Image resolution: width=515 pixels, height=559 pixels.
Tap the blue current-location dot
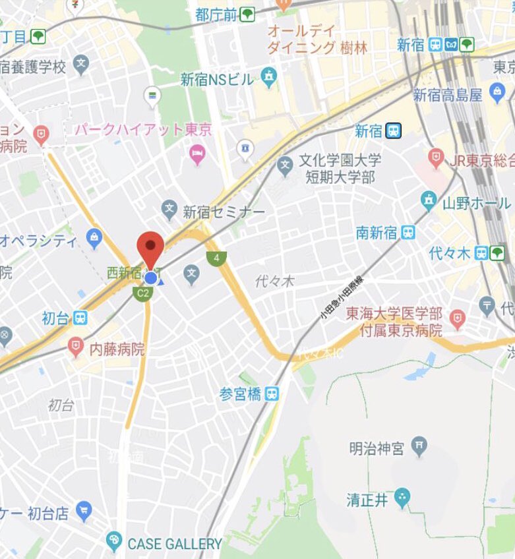pos(150,278)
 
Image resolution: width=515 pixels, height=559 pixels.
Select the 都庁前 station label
pos(216,14)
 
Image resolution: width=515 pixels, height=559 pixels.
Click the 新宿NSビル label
pos(217,80)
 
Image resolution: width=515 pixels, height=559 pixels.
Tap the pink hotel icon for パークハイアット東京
pos(197,155)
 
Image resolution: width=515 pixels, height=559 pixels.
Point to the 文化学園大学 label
pos(340,160)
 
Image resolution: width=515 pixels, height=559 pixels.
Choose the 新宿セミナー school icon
pos(170,212)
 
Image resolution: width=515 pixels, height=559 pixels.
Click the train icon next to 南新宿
pos(409,232)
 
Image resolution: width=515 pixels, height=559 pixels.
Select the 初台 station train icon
pos(80,318)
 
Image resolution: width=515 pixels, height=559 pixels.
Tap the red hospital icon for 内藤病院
pos(76,345)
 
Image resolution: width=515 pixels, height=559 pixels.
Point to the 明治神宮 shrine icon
pos(419,448)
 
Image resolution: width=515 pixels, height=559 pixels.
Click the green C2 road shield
pos(142,293)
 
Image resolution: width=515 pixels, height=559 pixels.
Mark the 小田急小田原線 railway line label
pos(342,297)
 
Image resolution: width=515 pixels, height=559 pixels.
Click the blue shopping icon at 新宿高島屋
pos(496,96)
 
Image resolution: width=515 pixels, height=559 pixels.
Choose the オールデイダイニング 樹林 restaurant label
pos(317,40)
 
